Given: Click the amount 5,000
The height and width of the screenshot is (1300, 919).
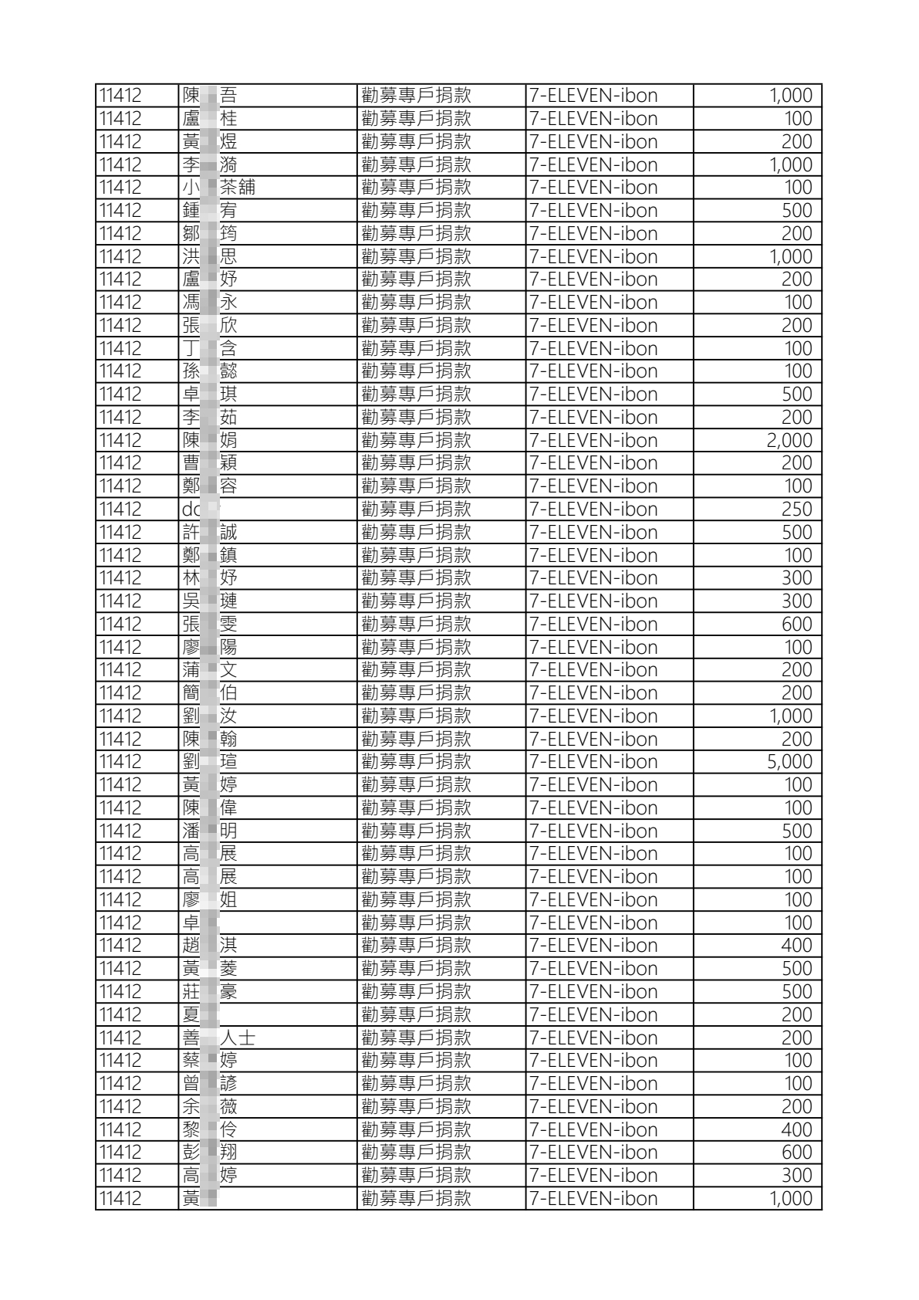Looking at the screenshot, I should (789, 762).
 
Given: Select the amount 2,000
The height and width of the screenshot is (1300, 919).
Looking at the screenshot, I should (789, 441).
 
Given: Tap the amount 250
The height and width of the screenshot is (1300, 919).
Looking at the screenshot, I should (796, 510).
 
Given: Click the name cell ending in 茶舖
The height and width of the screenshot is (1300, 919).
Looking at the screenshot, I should (218, 188).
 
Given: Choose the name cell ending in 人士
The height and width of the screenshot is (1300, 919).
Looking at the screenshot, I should (218, 1038).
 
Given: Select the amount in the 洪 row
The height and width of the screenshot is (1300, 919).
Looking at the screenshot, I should (790, 257).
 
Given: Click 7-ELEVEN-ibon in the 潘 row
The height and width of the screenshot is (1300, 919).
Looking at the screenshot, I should (593, 831).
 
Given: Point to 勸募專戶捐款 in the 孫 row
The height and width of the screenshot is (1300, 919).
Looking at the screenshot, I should (416, 371).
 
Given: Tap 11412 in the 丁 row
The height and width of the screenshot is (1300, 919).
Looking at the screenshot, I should (120, 349).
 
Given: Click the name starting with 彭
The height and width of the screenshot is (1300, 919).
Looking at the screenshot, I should (210, 1153).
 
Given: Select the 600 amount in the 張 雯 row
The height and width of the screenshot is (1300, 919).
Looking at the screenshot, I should (796, 625).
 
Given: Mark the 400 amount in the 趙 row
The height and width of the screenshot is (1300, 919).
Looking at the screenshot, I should (796, 946).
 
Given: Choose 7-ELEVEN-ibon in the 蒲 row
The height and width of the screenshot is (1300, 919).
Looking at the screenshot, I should (593, 670).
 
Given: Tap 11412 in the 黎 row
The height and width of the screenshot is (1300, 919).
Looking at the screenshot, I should (120, 1130).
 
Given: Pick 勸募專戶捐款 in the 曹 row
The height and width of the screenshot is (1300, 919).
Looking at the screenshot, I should (416, 463).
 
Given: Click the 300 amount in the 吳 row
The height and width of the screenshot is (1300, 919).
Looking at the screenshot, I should (796, 601).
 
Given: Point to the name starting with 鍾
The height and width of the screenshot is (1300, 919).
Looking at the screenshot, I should (210, 211).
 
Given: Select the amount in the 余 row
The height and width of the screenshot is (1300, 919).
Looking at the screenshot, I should (796, 1107).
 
